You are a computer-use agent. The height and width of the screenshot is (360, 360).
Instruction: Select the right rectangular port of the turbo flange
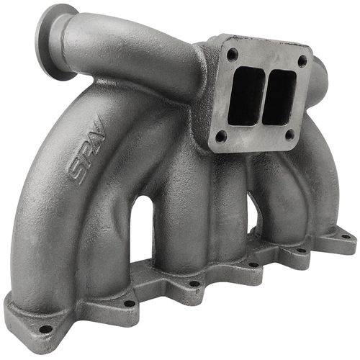(x=277, y=96)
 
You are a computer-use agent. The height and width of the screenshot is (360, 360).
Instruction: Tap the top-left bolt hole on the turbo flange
(x=232, y=53)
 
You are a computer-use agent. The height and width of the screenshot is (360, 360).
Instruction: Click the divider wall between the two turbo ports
(x=260, y=95)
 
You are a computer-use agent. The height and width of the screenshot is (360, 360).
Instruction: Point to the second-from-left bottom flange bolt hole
(x=129, y=303)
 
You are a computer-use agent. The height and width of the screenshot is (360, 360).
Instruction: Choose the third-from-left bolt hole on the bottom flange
(x=194, y=283)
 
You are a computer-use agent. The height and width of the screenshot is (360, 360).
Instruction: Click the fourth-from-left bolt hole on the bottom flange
(x=253, y=264)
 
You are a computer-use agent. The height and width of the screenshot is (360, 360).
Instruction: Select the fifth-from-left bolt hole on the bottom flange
(x=302, y=249)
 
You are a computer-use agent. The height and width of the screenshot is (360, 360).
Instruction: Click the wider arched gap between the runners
(x=143, y=231)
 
